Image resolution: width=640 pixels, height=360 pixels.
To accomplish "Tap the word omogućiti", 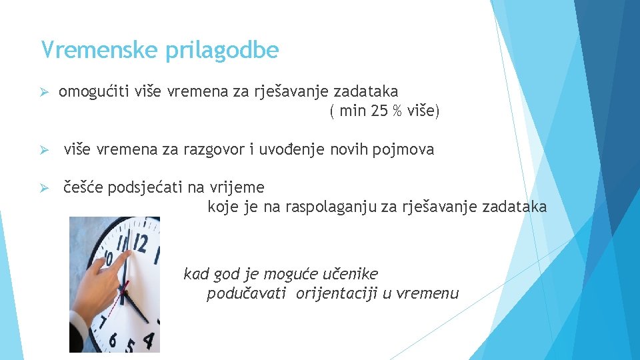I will click(90, 91).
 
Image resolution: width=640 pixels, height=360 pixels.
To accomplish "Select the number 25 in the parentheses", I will click(378, 111).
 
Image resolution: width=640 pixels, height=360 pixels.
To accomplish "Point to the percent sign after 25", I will click(397, 111).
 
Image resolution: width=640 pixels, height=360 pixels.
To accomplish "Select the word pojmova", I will click(405, 150).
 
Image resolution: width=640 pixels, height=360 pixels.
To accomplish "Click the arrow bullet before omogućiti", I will click(46, 92).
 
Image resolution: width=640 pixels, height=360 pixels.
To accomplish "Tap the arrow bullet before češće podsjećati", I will click(46, 188).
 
